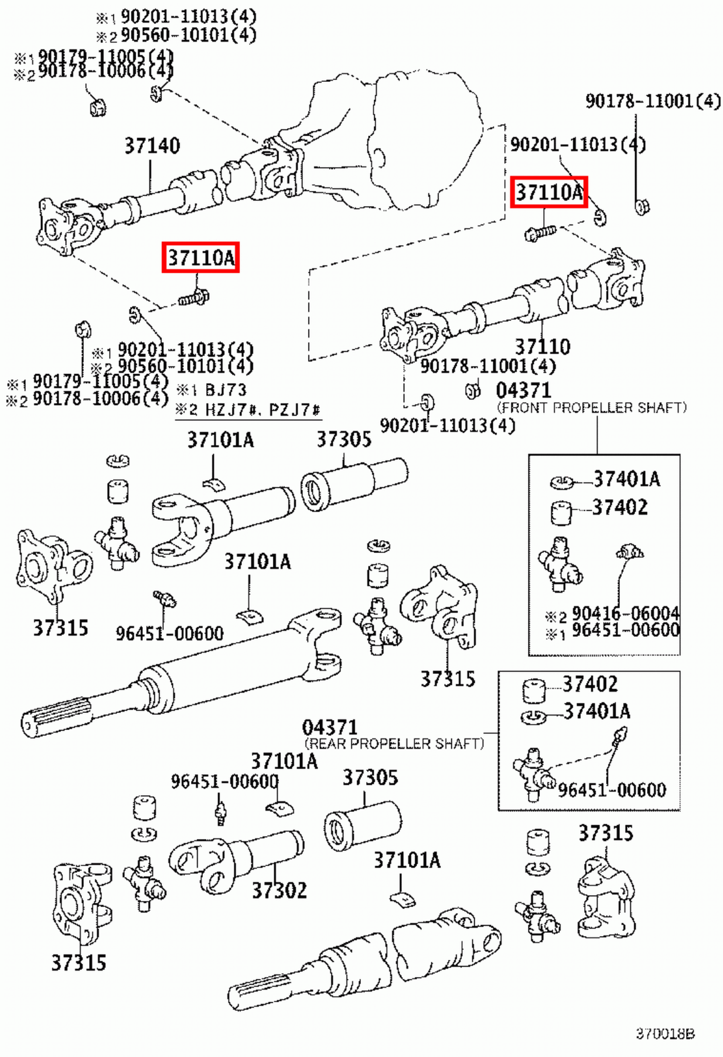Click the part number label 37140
click(x=152, y=145)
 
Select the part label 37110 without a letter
click(x=542, y=346)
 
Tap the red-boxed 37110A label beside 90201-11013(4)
click(x=549, y=192)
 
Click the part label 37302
click(x=279, y=891)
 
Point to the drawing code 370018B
click(x=665, y=1034)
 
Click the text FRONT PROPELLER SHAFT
click(x=591, y=408)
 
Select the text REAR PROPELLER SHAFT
click(x=394, y=744)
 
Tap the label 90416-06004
click(x=625, y=613)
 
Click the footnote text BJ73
click(x=225, y=390)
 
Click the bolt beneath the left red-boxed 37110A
click(x=194, y=299)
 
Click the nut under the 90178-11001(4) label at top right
click(x=641, y=207)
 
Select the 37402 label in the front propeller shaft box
click(x=619, y=507)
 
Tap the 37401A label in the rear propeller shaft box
click(x=596, y=711)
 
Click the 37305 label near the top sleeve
click(x=344, y=439)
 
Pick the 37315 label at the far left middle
click(x=60, y=628)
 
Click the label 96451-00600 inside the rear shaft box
click(x=611, y=790)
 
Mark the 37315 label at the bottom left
click(x=79, y=963)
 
